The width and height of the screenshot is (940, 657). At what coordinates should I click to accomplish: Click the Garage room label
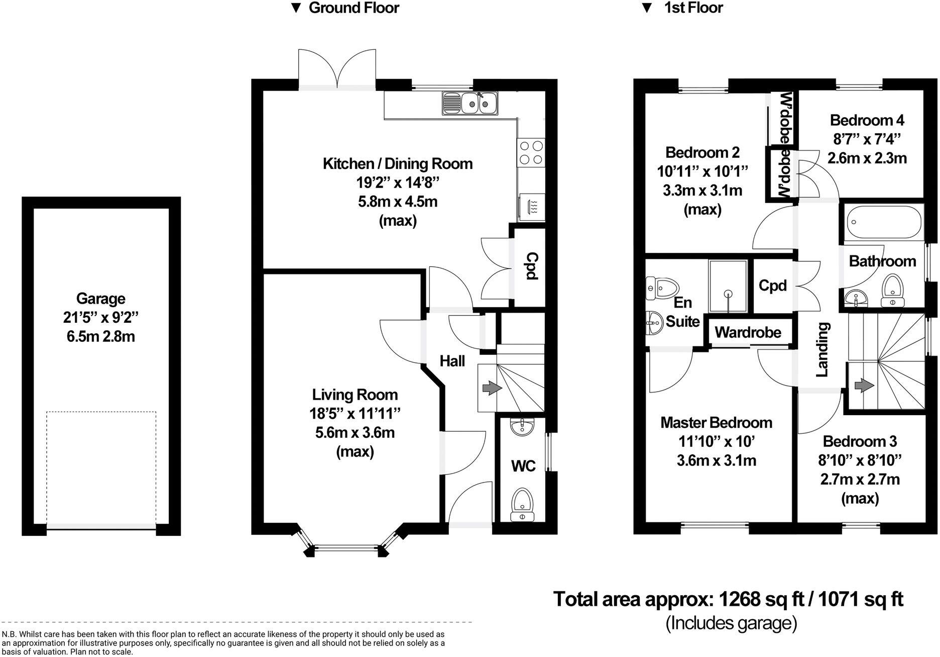100,299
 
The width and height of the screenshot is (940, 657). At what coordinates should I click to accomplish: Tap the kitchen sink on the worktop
470,103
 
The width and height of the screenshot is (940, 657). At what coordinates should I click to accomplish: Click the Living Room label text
355,395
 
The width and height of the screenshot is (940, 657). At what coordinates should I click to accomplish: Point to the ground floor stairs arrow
489,388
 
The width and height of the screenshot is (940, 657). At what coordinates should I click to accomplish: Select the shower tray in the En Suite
728,286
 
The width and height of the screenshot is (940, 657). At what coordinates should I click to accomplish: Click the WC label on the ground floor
523,466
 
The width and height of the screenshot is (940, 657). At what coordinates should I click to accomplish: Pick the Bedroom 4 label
867,120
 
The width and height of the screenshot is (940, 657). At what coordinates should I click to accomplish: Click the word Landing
821,349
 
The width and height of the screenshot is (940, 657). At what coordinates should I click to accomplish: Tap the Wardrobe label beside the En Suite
748,332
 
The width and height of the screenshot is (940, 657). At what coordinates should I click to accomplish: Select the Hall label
452,361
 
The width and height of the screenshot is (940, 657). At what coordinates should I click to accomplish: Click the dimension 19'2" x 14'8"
397,182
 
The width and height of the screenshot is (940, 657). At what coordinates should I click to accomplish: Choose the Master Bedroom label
716,423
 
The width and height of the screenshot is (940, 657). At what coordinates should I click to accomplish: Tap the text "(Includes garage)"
731,623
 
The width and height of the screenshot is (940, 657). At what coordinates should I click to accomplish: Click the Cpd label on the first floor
772,286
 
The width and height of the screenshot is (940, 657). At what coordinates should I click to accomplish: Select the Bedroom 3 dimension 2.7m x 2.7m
860,479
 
